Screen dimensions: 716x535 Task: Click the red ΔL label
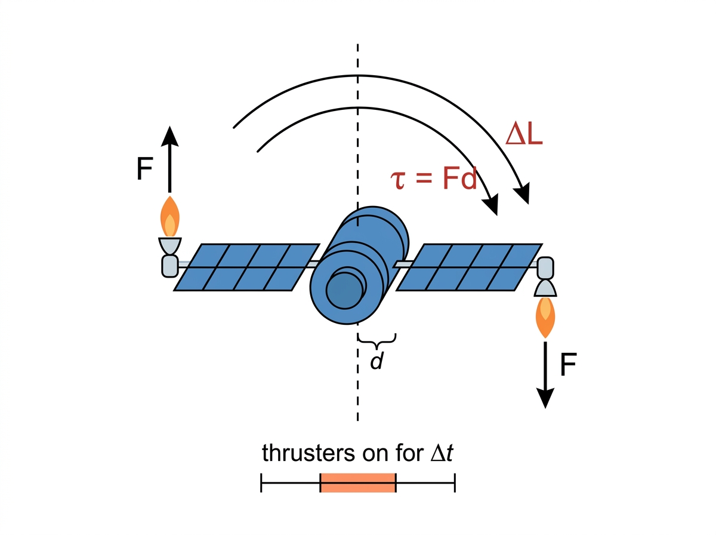[523, 135]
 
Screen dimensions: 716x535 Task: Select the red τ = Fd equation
[434, 178]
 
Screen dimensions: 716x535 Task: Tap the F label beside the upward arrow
[144, 168]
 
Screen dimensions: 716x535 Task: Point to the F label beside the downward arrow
[569, 364]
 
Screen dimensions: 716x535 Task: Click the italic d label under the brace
[376, 361]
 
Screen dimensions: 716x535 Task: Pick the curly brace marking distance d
[376, 341]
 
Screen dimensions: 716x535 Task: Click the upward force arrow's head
[169, 137]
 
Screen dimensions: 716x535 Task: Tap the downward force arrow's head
[545, 398]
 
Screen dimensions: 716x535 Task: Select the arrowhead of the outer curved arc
[522, 194]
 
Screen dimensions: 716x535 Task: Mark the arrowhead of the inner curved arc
[492, 205]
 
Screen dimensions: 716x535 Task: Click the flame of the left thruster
[170, 216]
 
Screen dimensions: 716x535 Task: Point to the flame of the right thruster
[545, 317]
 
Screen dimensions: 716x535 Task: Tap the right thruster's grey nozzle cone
[545, 288]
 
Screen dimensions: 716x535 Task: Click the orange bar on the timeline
[358, 482]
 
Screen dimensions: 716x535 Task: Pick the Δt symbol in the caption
[442, 453]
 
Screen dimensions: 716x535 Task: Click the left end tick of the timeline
[261, 483]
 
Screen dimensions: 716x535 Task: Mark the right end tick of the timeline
[455, 483]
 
